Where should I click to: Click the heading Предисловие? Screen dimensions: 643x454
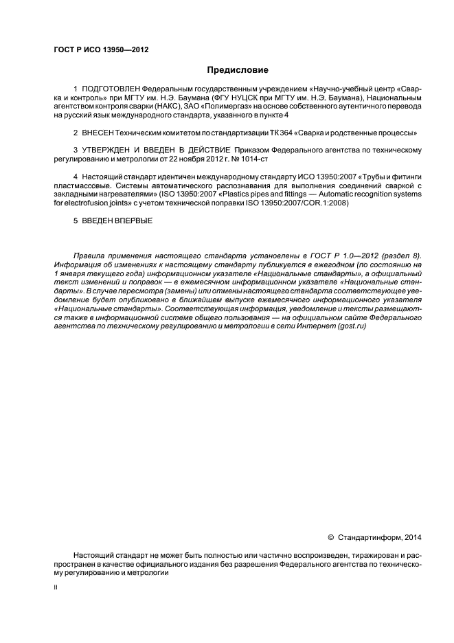coord(238,70)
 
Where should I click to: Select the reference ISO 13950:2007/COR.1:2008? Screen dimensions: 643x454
coord(301,203)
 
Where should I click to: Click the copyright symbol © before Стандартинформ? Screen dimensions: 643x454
coord(330,537)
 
